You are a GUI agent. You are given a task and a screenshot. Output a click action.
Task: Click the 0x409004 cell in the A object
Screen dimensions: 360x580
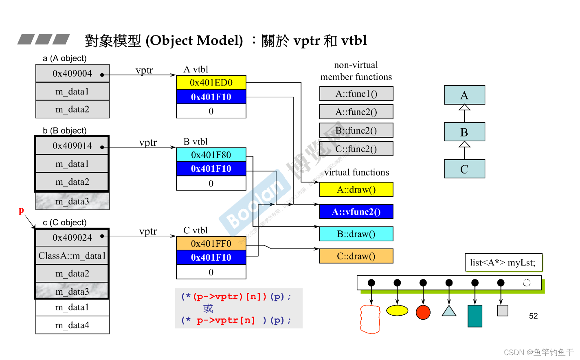(x=72, y=74)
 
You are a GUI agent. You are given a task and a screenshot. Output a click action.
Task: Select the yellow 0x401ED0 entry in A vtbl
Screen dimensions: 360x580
(x=211, y=83)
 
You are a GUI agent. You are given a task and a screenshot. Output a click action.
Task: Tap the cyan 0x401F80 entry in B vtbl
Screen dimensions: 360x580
(x=211, y=155)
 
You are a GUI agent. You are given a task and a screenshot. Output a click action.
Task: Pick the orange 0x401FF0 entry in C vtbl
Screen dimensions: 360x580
(x=211, y=244)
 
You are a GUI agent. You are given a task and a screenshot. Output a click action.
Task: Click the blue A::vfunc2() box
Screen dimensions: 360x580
(x=356, y=212)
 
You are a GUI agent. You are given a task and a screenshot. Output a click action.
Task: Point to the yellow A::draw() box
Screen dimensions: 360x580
(x=356, y=190)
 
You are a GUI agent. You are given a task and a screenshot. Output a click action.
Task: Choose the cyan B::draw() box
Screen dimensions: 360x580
(x=356, y=234)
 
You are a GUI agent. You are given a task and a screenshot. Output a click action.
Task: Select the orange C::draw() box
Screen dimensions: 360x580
(x=356, y=256)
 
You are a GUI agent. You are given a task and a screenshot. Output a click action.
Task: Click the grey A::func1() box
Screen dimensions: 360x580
(x=356, y=94)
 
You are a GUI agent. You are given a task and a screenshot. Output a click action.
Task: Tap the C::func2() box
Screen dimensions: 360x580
(x=356, y=149)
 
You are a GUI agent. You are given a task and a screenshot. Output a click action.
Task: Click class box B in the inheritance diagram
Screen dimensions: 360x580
(x=464, y=132)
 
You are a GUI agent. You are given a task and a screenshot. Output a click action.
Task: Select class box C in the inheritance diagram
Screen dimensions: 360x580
(x=464, y=169)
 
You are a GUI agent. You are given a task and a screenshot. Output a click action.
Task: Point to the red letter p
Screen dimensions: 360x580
(x=21, y=210)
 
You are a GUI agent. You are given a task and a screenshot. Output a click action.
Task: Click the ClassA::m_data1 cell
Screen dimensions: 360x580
(x=72, y=256)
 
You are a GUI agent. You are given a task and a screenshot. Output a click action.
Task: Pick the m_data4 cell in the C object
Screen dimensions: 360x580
(x=72, y=325)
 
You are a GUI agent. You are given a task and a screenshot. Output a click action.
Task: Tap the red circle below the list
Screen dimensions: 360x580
(x=423, y=312)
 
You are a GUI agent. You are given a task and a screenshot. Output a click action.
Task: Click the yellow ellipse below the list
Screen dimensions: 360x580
(x=397, y=311)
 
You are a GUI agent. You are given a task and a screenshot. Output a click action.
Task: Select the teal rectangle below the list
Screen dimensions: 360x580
(x=475, y=316)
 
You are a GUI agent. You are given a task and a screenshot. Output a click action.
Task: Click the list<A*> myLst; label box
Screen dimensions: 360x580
(x=503, y=263)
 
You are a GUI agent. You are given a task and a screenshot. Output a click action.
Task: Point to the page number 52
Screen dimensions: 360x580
(x=533, y=316)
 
